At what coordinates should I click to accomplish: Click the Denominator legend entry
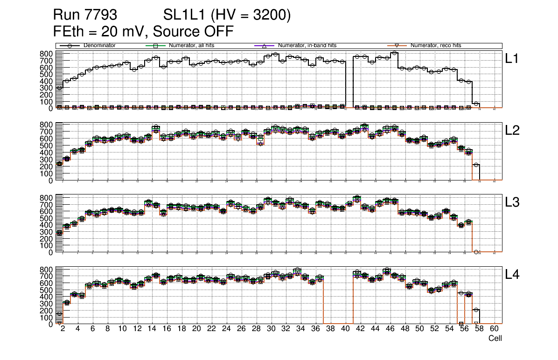[x=99, y=46]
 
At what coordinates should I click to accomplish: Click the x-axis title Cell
[x=495, y=339]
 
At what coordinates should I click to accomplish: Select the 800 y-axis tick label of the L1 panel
[x=46, y=54]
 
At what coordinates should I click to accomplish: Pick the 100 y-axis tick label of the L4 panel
[x=46, y=317]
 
